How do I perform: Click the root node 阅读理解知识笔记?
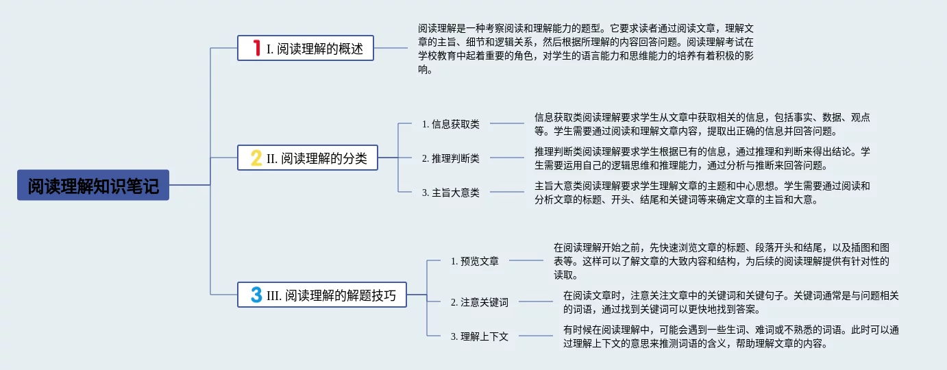point(93,185)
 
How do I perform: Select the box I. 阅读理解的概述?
point(306,48)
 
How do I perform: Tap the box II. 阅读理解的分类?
point(308,158)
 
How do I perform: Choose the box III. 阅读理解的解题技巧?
point(321,295)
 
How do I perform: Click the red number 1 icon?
point(256,48)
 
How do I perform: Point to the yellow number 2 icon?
point(256,158)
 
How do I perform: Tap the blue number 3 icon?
point(256,295)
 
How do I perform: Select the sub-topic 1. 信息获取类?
point(450,124)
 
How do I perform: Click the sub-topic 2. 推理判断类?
point(450,158)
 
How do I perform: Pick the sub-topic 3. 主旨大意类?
point(450,193)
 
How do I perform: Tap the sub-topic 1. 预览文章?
point(474,261)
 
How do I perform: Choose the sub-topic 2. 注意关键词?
point(479,301)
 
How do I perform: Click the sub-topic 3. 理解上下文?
point(479,336)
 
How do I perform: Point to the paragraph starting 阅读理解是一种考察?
point(586,49)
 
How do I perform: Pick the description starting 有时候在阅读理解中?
point(730,336)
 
